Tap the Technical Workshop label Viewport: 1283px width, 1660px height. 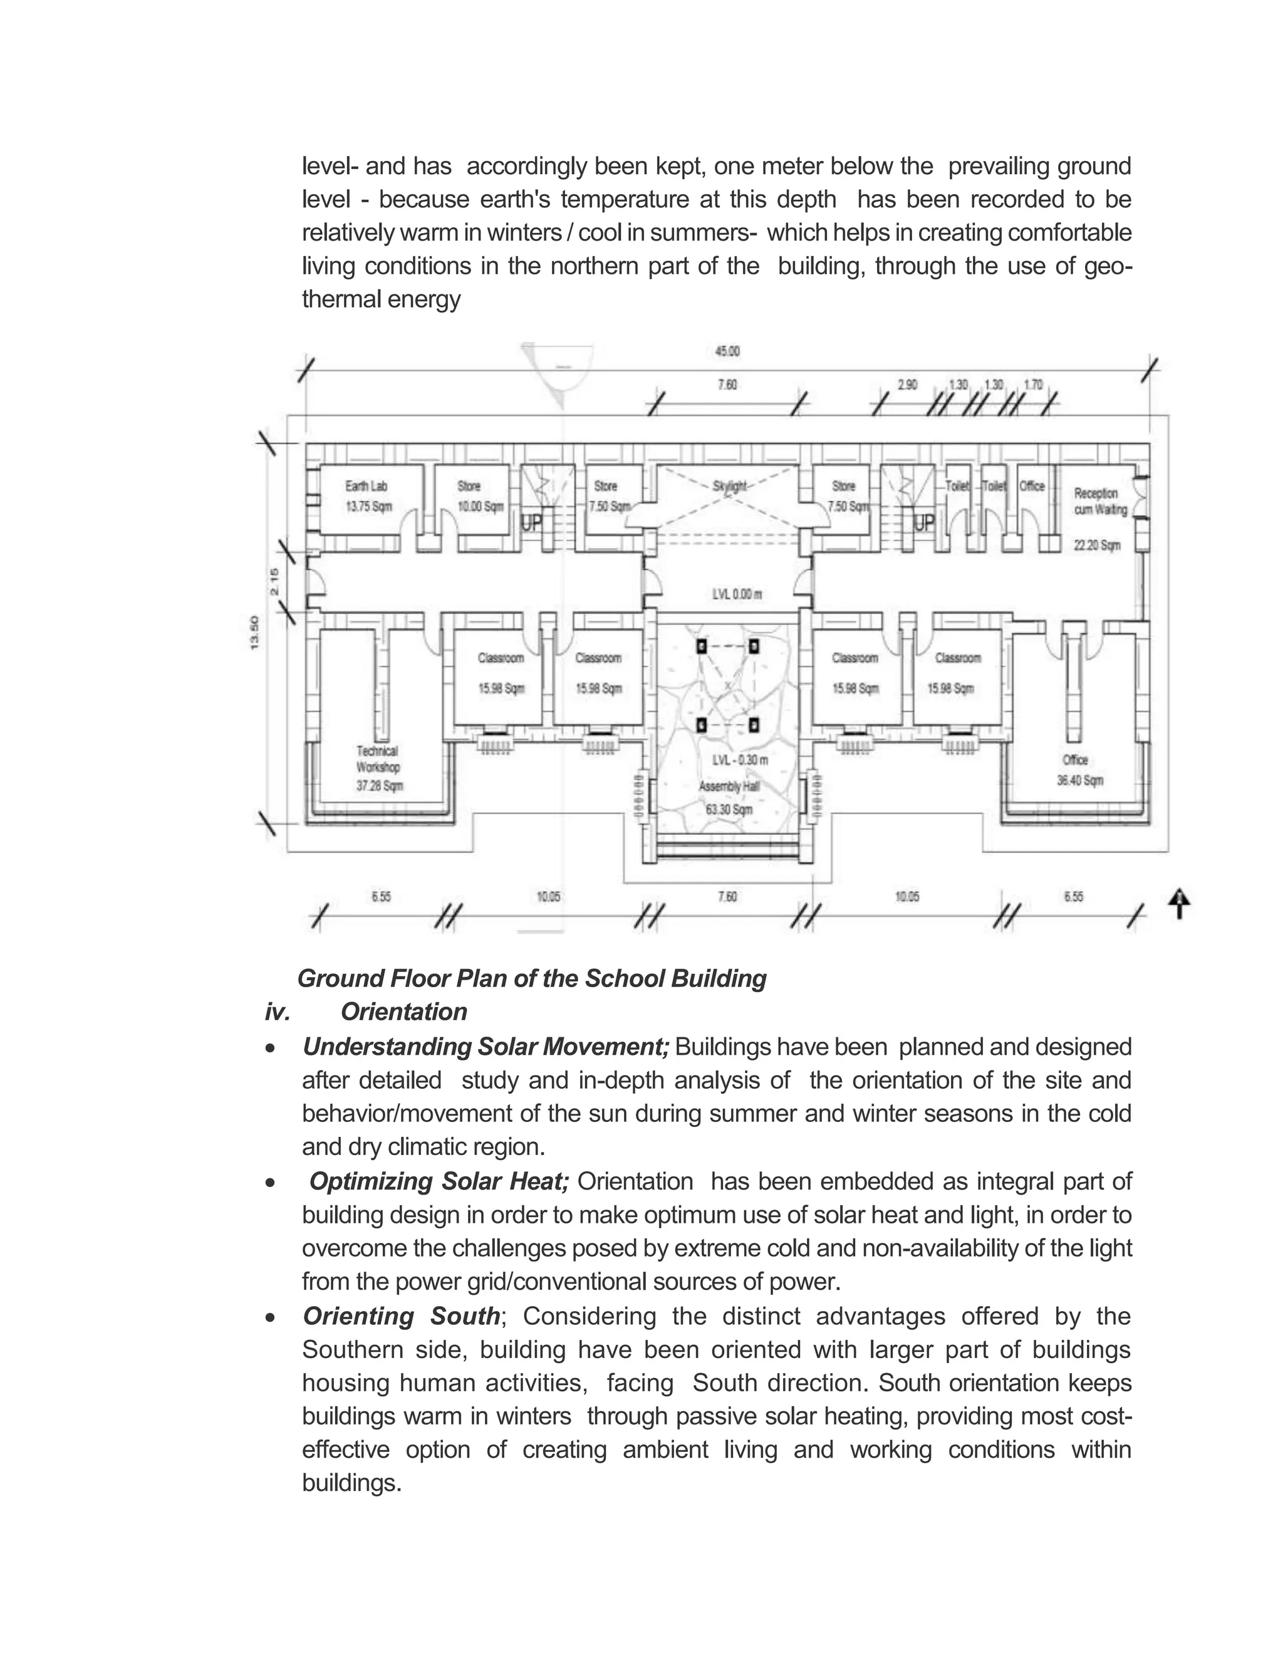point(378,759)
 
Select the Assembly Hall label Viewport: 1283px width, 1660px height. point(729,787)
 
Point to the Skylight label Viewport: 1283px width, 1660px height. point(730,485)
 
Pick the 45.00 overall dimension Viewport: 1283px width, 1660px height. point(727,351)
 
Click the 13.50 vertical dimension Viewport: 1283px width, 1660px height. point(254,633)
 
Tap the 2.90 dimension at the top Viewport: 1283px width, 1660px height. point(908,385)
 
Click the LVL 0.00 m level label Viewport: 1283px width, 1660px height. point(737,594)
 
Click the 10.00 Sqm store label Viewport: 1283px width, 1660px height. point(480,507)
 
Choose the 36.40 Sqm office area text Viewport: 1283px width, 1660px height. point(1080,781)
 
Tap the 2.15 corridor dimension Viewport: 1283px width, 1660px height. point(274,581)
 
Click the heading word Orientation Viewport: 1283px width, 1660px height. point(403,1012)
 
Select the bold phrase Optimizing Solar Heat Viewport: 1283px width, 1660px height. point(439,1181)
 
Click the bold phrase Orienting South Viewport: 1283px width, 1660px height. point(402,1315)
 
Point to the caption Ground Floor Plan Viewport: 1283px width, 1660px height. point(531,978)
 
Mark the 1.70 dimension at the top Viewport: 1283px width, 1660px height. point(1033,385)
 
